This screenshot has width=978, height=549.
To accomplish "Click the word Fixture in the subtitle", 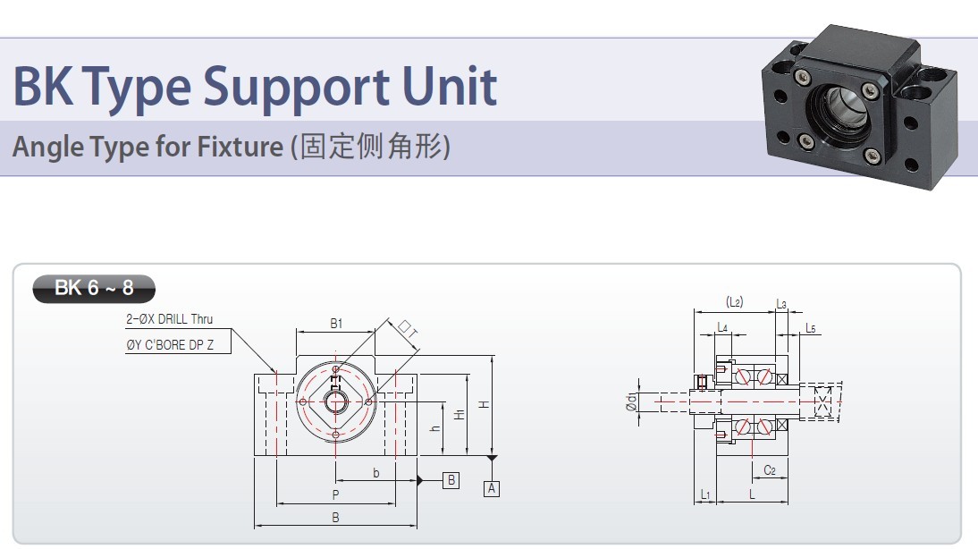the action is (240, 147).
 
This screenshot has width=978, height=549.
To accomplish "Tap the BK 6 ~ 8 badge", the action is (94, 288).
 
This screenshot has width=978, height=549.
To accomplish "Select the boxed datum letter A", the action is (492, 488).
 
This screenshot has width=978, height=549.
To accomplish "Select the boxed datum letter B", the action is (451, 480).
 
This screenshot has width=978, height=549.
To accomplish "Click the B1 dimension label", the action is (336, 323).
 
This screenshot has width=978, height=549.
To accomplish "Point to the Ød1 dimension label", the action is (631, 402).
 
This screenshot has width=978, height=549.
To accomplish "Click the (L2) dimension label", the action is (735, 302).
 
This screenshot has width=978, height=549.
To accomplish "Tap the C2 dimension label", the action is (770, 470).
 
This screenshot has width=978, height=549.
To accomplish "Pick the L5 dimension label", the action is (810, 328).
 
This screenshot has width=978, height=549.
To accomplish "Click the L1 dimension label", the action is (704, 494).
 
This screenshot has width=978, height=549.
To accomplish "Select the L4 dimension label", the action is (722, 327).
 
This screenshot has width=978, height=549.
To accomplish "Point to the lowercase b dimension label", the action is (376, 473).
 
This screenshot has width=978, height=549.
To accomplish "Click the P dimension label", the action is (335, 494).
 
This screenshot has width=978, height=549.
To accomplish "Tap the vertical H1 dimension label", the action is (459, 415).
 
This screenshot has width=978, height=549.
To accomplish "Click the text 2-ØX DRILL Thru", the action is (170, 319).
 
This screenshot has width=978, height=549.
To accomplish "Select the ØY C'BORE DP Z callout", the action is (170, 344).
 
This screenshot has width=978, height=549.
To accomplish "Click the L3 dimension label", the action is (781, 304).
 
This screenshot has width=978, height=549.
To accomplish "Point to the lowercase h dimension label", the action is (435, 428).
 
